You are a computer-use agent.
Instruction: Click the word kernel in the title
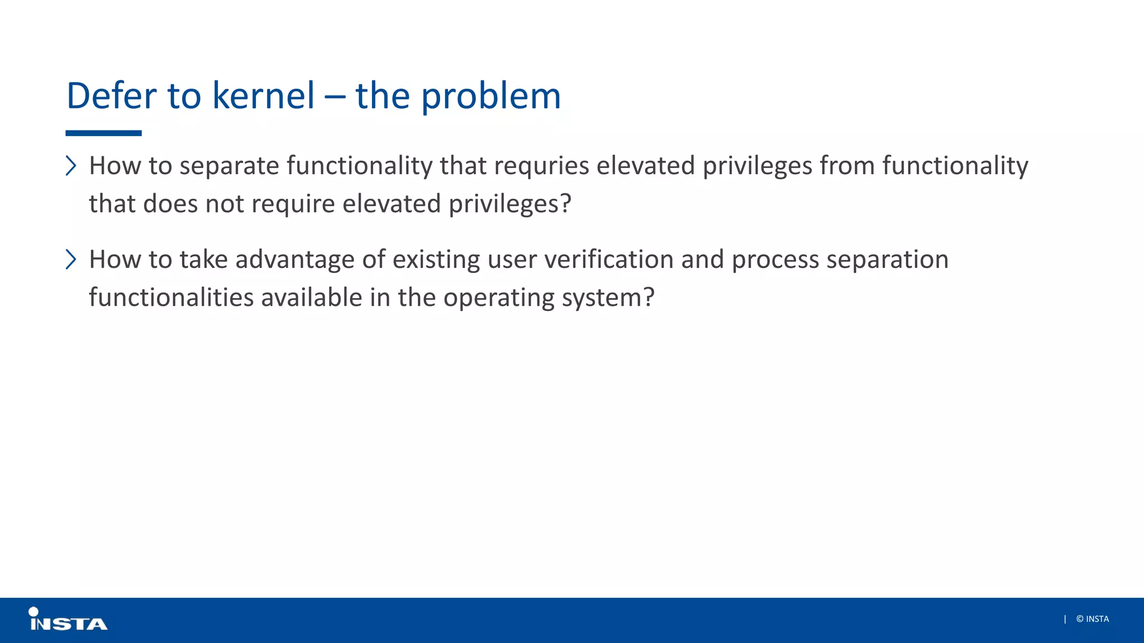click(x=263, y=95)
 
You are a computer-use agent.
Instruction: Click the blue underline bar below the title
click(x=103, y=133)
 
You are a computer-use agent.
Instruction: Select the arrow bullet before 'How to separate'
click(x=71, y=166)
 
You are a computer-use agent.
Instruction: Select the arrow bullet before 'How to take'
click(x=71, y=260)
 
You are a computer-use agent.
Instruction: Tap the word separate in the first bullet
click(x=229, y=166)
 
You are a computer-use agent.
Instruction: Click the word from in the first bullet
click(x=847, y=166)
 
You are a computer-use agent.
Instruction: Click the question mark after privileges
click(x=566, y=203)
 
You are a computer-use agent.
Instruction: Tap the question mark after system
click(x=649, y=297)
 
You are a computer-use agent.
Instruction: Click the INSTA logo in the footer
click(x=68, y=620)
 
